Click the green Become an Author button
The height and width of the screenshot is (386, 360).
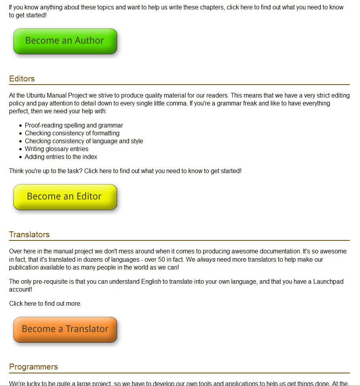[x=65, y=41]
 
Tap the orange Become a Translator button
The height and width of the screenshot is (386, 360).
[x=65, y=329]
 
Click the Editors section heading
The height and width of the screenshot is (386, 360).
[x=22, y=79]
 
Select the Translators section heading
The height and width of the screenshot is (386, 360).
[x=29, y=235]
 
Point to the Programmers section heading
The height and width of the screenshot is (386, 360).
[x=33, y=367]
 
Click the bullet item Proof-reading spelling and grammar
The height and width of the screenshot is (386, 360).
[x=74, y=125]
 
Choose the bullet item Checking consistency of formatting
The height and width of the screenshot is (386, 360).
[x=72, y=133]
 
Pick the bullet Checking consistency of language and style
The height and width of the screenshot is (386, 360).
[x=84, y=141]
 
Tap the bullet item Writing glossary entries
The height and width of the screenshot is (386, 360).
[x=57, y=149]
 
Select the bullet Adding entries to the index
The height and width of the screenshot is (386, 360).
[x=61, y=157]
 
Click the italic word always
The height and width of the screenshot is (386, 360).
[x=206, y=260]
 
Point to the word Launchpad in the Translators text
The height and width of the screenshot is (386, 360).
[x=328, y=282]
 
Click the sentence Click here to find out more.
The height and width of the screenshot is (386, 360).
[x=45, y=303]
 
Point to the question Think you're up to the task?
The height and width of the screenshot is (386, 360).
[x=46, y=171]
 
